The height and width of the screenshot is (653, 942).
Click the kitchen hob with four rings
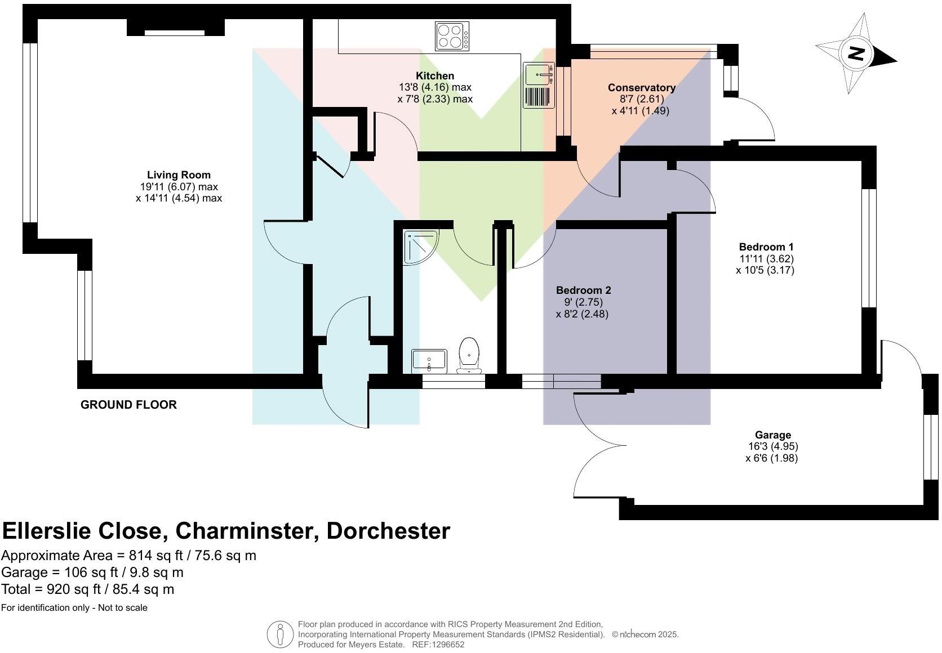point(452,35)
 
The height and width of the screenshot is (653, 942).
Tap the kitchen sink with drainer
point(539,85)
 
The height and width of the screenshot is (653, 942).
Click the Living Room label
point(179,175)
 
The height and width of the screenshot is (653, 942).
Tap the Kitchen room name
point(434,76)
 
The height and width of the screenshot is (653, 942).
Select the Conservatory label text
point(641,88)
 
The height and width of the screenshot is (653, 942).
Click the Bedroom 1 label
point(766,247)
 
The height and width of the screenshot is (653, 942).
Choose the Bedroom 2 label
point(583,290)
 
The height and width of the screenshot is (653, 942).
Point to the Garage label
point(773,435)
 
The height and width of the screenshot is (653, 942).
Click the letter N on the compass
point(856,54)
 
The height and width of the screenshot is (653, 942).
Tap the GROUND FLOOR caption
point(128,405)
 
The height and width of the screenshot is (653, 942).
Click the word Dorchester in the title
point(388,531)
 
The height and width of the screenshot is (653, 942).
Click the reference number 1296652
point(447,645)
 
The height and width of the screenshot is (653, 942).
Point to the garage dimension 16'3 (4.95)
point(773,446)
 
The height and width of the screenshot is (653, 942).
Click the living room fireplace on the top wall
point(175,28)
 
